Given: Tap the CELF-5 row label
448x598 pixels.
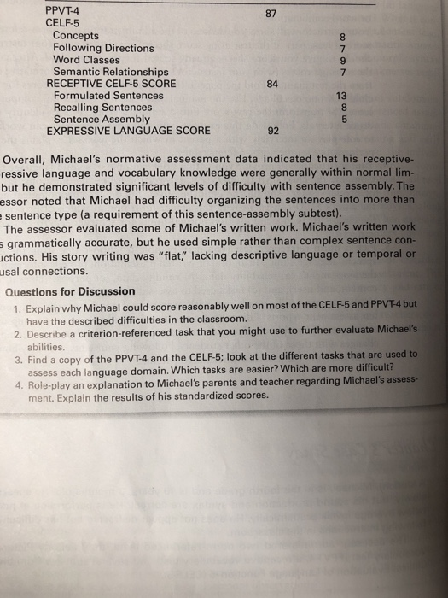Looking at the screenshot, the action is [x=62, y=24].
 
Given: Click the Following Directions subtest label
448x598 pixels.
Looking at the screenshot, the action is [x=103, y=48].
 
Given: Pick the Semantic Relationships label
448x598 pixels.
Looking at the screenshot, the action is [x=111, y=72].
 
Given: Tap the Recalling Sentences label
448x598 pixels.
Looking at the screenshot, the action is [x=103, y=108].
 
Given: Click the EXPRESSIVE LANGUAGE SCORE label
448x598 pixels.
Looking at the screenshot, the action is [x=119, y=132].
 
